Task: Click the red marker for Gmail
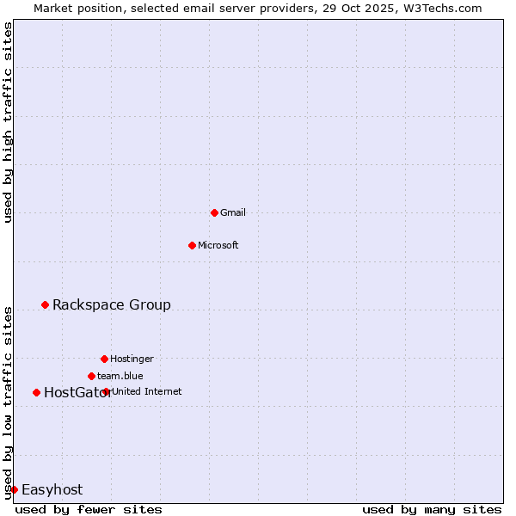pos(214,212)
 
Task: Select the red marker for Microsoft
pos(192,245)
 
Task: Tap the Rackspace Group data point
pos(45,304)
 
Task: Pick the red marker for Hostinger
pos(104,359)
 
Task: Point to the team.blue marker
pos(91,376)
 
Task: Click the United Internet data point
pos(106,391)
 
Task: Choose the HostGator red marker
pos(36,392)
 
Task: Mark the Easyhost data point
pos(14,489)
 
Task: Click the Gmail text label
pos(233,212)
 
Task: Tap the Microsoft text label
pos(218,245)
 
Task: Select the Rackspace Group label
pos(112,304)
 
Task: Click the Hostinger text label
pos(132,359)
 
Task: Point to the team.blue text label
pos(120,376)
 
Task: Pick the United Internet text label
pos(147,391)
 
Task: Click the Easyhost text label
pos(52,489)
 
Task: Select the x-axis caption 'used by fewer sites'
pos(89,509)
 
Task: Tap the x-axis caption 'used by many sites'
pos(432,509)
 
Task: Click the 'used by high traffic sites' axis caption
pos(8,122)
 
